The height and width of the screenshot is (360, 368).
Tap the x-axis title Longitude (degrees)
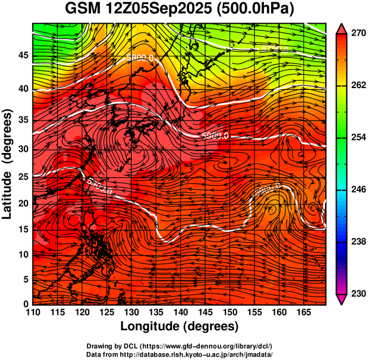click(x=179, y=326)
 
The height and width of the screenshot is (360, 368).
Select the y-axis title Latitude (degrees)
click(x=8, y=162)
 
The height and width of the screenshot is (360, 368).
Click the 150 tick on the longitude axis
click(x=228, y=312)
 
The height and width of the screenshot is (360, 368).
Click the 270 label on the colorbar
click(x=357, y=35)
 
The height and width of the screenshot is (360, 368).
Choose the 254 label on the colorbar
click(x=357, y=137)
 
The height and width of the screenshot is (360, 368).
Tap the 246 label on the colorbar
click(x=357, y=190)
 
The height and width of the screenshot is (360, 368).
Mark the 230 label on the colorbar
click(x=357, y=293)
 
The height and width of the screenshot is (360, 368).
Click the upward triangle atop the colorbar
click(x=342, y=28)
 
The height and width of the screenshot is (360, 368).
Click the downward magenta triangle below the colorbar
click(x=342, y=300)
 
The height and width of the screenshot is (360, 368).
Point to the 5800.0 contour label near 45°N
click(x=141, y=58)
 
